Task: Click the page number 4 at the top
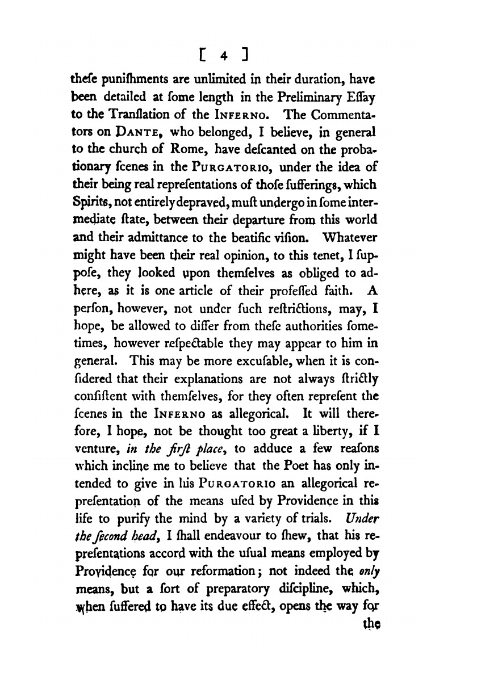point(225,56)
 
